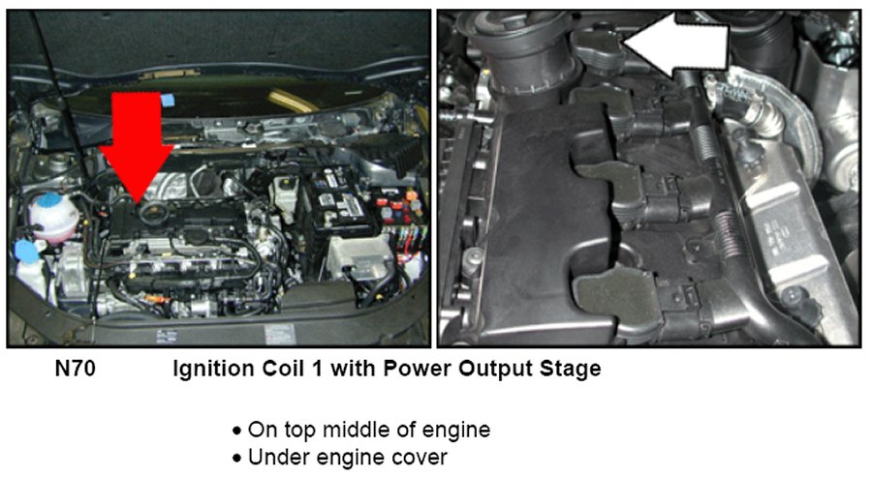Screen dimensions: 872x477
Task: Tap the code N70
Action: coord(75,369)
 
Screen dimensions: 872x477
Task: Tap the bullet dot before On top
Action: coord(237,431)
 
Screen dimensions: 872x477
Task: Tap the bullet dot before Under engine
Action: coord(237,459)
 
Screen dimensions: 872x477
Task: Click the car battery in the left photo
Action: coord(339,201)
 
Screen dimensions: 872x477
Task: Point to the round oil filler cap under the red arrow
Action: coord(151,213)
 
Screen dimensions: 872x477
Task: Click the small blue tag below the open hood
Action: coord(168,100)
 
